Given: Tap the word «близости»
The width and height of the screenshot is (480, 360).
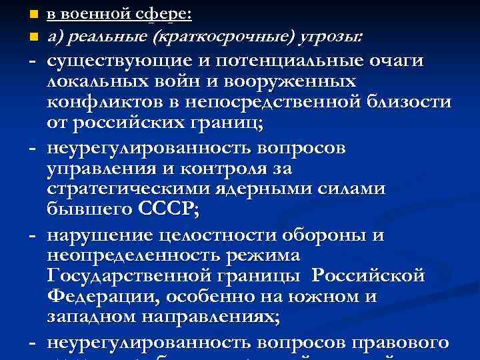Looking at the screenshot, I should coord(409,103).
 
